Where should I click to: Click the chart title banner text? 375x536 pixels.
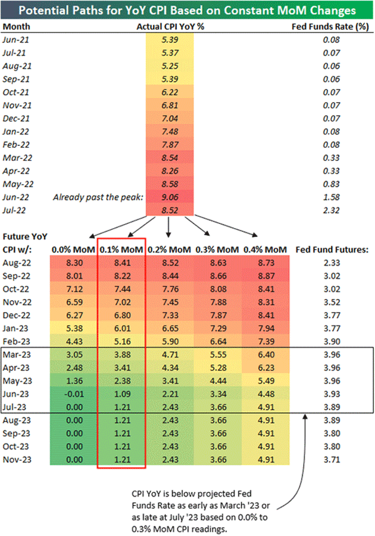coord(187,10)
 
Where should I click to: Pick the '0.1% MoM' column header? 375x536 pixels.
coord(121,249)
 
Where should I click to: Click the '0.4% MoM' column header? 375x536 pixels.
coord(266,249)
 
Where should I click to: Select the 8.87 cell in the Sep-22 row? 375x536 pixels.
coord(266,276)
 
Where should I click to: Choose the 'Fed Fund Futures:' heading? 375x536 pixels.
coord(329,249)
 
